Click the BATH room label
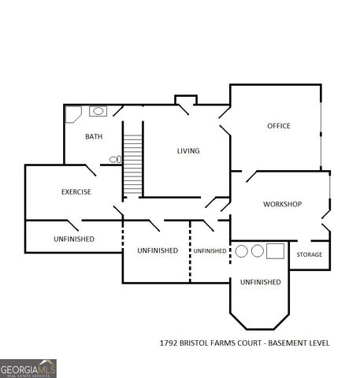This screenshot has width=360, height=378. [x=94, y=137]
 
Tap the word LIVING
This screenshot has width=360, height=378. [x=187, y=150]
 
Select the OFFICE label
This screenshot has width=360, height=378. [x=278, y=126]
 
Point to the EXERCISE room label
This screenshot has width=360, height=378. [x=76, y=192]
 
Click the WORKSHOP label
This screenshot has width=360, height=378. [x=282, y=205]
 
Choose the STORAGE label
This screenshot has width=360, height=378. [x=309, y=255]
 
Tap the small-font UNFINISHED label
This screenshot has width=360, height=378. [x=210, y=250]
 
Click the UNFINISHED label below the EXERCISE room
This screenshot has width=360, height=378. [x=74, y=239]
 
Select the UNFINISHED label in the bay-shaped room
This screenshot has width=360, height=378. [x=260, y=282]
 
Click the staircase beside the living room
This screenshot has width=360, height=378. [x=132, y=166]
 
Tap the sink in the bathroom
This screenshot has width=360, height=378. [x=99, y=112]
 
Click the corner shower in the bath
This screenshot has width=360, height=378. [x=73, y=114]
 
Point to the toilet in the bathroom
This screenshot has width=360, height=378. [x=115, y=159]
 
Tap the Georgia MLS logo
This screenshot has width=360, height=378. [x=28, y=368]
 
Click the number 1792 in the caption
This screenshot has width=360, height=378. [x=170, y=343]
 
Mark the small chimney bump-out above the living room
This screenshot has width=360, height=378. [x=185, y=99]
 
